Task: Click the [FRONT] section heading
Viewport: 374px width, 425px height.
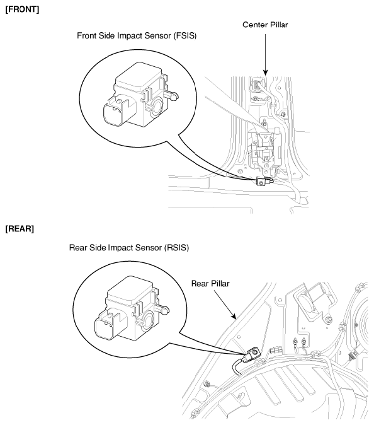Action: [22, 9]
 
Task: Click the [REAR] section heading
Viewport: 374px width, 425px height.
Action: [20, 229]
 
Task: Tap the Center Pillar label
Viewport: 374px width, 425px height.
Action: [265, 25]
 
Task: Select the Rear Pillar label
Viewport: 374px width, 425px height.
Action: [210, 284]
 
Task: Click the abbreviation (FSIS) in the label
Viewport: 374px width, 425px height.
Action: [185, 36]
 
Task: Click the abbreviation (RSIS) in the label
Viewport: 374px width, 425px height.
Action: [176, 248]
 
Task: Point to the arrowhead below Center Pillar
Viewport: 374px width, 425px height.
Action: [266, 73]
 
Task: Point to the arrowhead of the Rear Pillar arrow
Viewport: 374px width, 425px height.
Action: [234, 316]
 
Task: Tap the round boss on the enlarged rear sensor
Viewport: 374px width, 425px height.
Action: [148, 320]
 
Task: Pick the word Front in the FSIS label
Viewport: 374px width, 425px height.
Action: [87, 36]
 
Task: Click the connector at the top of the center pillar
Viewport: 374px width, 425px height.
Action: [256, 84]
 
